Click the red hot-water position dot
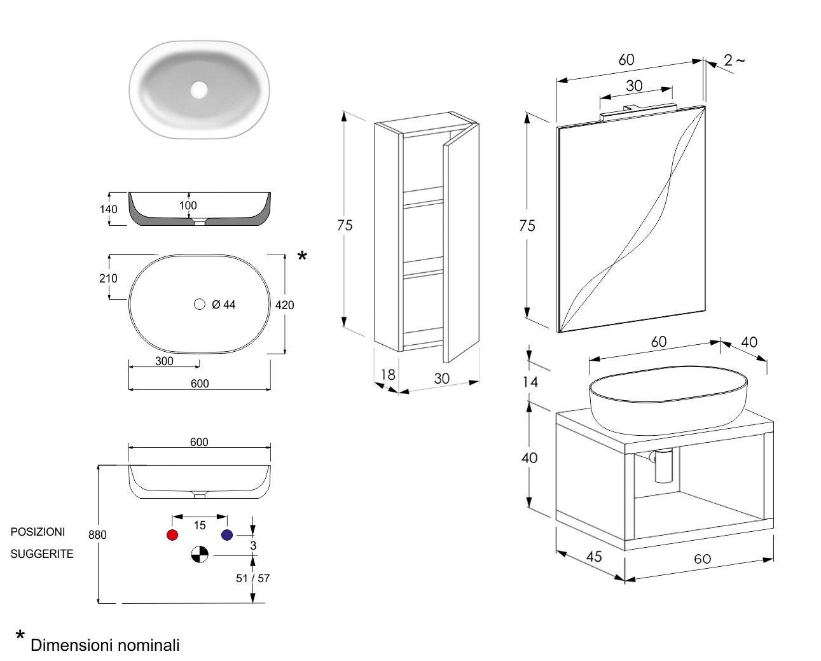[x=172, y=535]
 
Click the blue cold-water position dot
[x=227, y=535]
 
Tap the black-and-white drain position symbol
[x=200, y=555]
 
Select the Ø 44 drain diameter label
[x=223, y=305]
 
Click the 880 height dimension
[x=97, y=534]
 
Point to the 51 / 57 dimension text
[x=252, y=578]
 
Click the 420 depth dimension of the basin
[x=284, y=305]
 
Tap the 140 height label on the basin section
[x=109, y=209]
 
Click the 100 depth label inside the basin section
[x=188, y=205]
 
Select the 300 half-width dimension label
[x=164, y=361]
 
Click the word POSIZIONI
[x=38, y=532]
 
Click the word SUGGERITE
[x=42, y=554]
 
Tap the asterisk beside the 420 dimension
[x=303, y=256]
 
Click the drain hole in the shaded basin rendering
[x=199, y=90]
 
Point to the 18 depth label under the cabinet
[x=388, y=375]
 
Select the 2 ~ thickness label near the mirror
[x=734, y=60]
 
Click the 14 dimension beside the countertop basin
[x=530, y=382]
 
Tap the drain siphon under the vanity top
[x=663, y=465]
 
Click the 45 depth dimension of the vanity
[x=594, y=557]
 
